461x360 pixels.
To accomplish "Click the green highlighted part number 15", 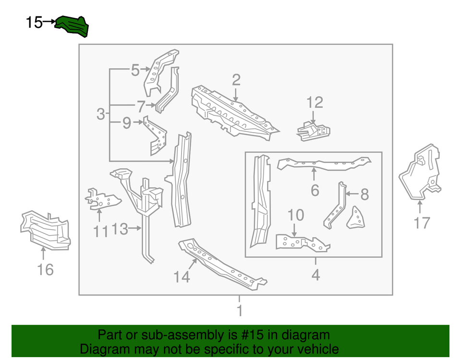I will tap(72, 26).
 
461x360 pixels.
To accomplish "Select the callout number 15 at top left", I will tap(34, 22).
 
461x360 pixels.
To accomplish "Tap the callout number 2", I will tap(236, 80).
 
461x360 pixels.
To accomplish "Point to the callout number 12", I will tap(315, 102).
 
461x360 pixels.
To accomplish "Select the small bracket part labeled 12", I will tap(314, 131).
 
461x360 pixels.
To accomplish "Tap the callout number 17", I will tap(422, 223).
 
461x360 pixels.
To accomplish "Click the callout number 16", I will tap(45, 270).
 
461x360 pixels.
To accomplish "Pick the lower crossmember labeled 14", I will tap(221, 264).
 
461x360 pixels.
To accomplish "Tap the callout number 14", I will tap(182, 276).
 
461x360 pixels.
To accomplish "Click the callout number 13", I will tap(120, 229).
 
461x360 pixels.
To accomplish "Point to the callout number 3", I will tap(100, 114).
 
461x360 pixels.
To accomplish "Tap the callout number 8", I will tap(364, 194).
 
